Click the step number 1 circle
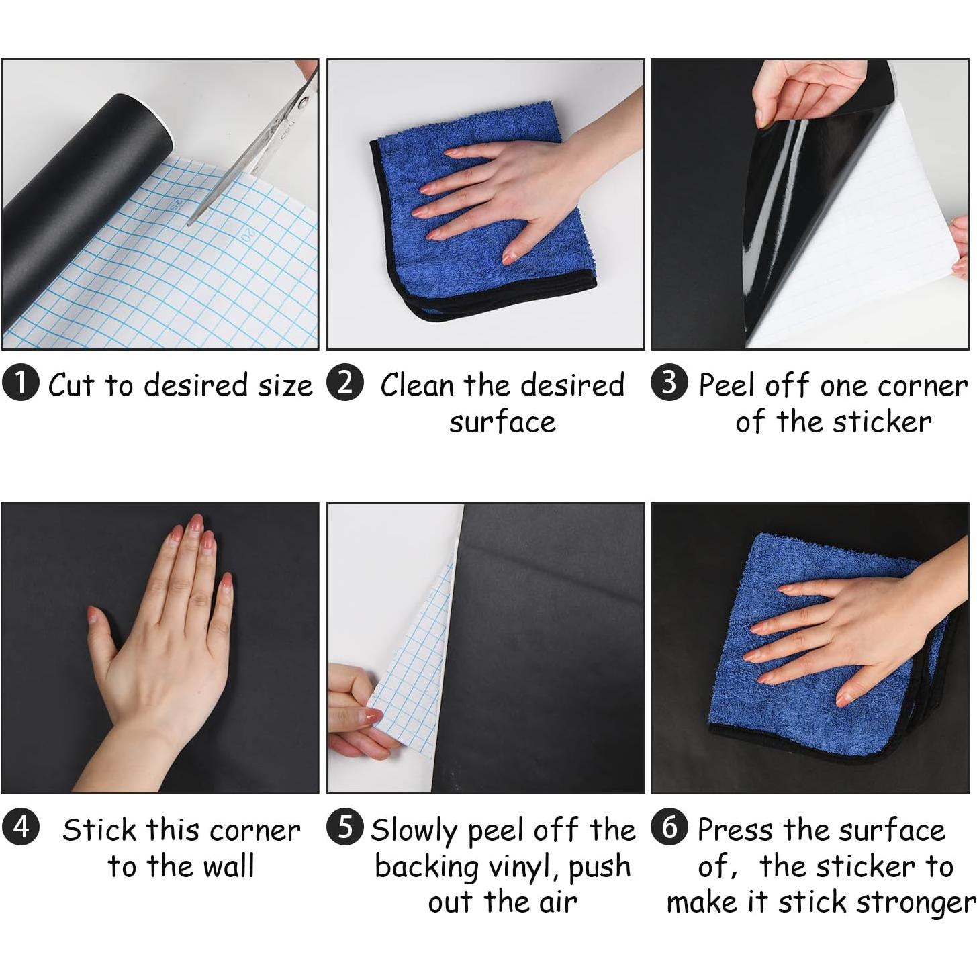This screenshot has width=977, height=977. click(x=21, y=383)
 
